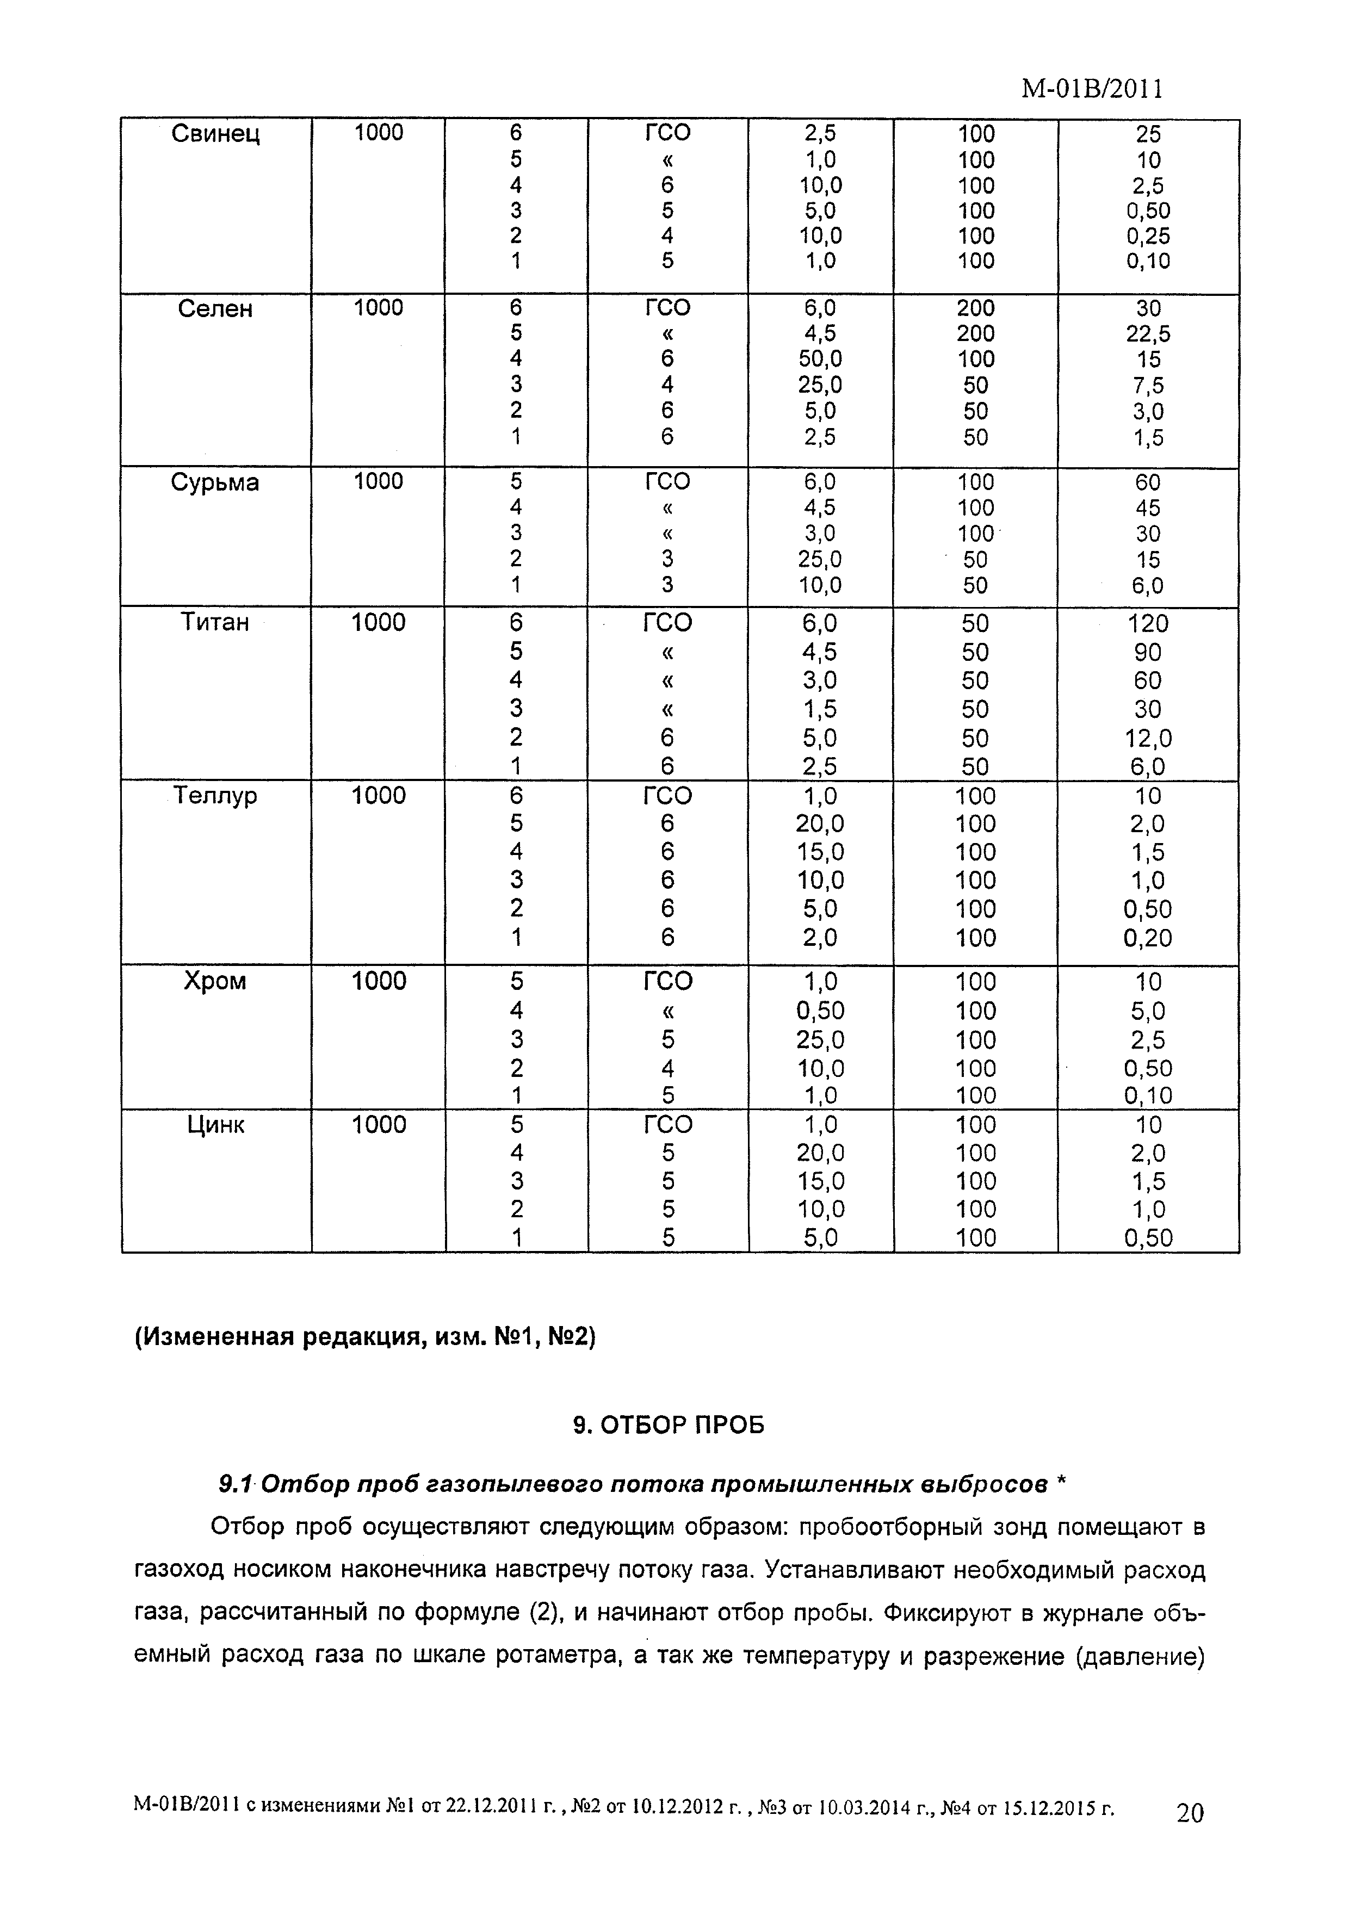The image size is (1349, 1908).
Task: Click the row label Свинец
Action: tap(215, 134)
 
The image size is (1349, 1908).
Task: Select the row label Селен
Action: tap(215, 309)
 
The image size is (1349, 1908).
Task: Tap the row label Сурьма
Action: tap(215, 483)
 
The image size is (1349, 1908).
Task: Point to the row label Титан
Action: tap(215, 622)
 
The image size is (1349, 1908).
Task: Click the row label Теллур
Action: tap(215, 796)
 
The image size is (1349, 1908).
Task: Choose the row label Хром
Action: tap(215, 981)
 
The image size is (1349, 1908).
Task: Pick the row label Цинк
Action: tap(215, 1125)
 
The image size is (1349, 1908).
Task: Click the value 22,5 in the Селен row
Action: tap(1147, 334)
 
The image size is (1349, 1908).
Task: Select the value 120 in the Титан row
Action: tap(1147, 623)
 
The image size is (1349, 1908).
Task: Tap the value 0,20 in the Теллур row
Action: tap(1147, 938)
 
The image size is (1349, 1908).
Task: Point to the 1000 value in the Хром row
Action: tap(378, 981)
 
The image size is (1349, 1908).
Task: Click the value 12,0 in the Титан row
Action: tap(1147, 738)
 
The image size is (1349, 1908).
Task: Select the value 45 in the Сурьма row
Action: tap(1147, 508)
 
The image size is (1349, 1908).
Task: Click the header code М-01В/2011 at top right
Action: tap(1091, 89)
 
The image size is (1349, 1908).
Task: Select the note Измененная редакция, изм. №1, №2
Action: tap(365, 1338)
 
